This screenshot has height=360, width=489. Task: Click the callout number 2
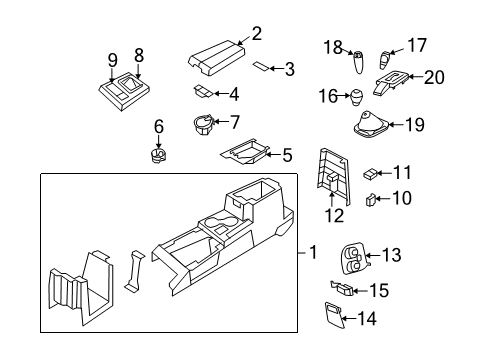point(256,34)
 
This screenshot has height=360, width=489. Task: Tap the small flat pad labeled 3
point(259,69)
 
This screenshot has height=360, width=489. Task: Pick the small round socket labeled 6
point(157,156)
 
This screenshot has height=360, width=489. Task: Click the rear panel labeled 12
point(330,176)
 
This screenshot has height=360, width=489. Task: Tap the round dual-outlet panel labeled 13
point(352,260)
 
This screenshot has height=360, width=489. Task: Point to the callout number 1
point(313,254)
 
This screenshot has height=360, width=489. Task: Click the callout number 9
point(113,59)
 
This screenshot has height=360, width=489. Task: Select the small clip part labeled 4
point(204,93)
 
